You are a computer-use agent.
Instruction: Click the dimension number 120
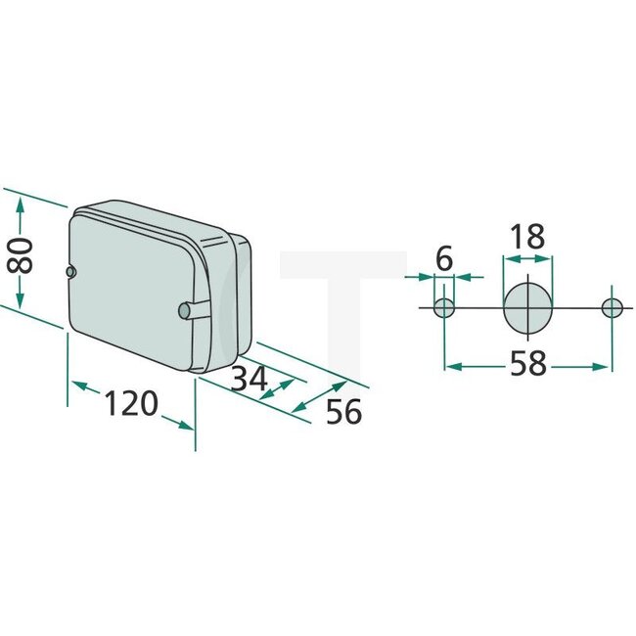click(132, 402)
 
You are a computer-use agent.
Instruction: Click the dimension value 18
click(526, 237)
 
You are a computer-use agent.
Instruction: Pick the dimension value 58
click(527, 364)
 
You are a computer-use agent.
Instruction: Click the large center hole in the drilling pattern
click(527, 307)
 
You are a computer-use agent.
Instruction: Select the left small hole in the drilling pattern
click(444, 308)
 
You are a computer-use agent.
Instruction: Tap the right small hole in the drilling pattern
click(613, 308)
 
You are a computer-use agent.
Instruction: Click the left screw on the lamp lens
click(69, 271)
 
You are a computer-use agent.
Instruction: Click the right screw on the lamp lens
click(185, 310)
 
